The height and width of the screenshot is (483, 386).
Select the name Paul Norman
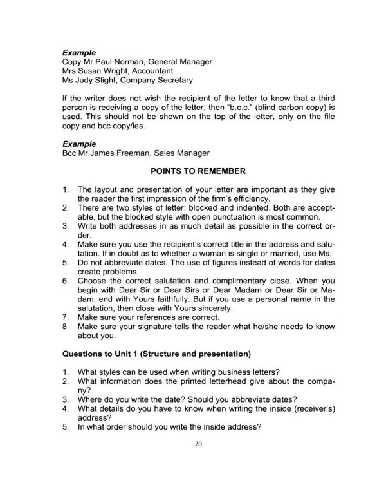[x=124, y=61]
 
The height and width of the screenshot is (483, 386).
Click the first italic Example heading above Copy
[x=79, y=52]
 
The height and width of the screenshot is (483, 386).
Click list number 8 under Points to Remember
[x=66, y=327]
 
